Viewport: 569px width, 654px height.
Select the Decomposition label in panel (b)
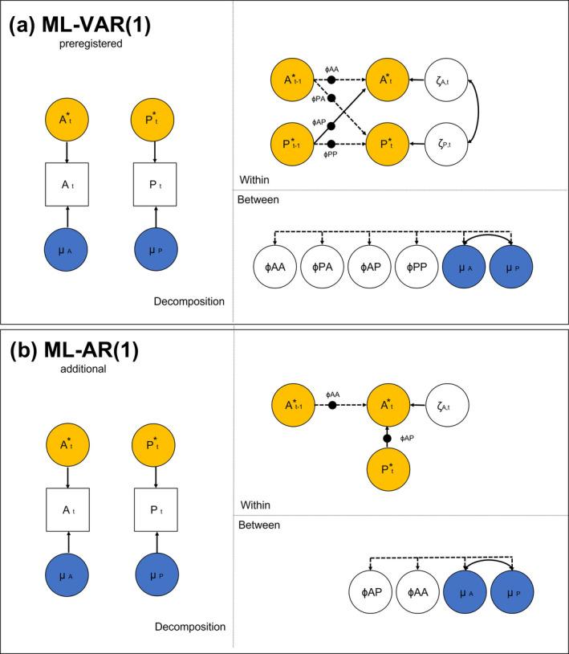[x=190, y=626]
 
